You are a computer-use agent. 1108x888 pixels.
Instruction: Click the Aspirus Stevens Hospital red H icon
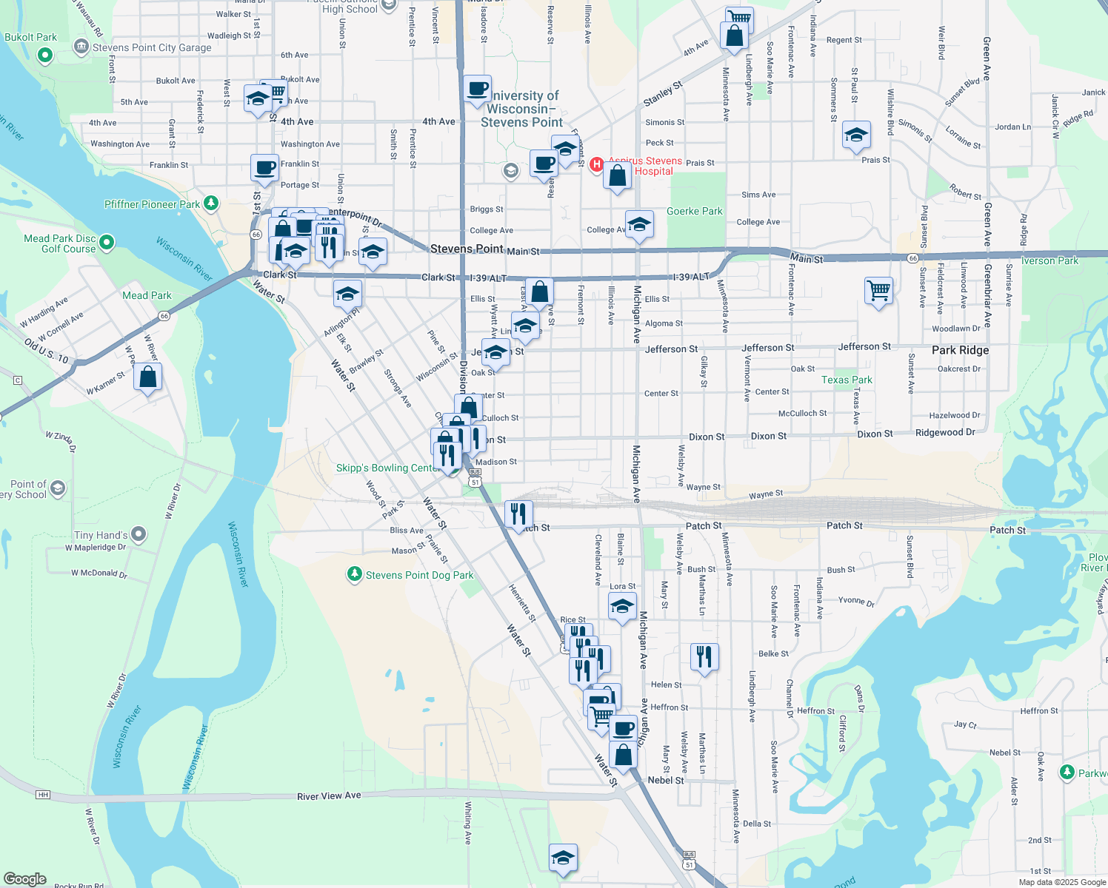pyautogui.click(x=596, y=164)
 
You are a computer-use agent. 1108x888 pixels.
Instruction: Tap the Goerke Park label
pyautogui.click(x=694, y=211)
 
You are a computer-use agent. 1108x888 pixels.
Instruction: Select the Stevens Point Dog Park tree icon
pyautogui.click(x=355, y=574)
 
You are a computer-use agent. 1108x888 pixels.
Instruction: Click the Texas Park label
pyautogui.click(x=847, y=380)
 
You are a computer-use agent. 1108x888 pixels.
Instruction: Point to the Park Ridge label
pyautogui.click(x=960, y=350)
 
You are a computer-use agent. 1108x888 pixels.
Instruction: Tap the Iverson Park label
pyautogui.click(x=1049, y=260)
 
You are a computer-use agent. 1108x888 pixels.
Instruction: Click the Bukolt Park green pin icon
pyautogui.click(x=45, y=55)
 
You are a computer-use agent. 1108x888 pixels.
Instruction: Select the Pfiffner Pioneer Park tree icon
pyautogui.click(x=211, y=203)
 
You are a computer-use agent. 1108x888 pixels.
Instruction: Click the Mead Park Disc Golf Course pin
pyautogui.click(x=107, y=242)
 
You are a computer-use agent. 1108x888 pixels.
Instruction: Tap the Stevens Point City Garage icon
pyautogui.click(x=81, y=47)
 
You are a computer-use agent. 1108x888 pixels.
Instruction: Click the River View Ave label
pyautogui.click(x=329, y=796)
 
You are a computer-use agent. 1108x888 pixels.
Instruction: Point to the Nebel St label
pyautogui.click(x=666, y=780)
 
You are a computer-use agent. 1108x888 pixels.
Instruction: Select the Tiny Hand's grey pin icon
pyautogui.click(x=138, y=534)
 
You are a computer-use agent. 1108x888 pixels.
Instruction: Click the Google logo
pyautogui.click(x=24, y=879)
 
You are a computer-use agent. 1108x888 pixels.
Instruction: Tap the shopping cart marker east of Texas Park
pyautogui.click(x=878, y=291)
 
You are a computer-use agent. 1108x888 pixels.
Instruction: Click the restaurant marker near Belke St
pyautogui.click(x=704, y=656)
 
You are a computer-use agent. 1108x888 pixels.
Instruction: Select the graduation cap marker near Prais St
pyautogui.click(x=855, y=135)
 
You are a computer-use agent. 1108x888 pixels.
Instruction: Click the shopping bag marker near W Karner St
pyautogui.click(x=148, y=377)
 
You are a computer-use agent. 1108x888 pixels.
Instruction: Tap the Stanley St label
pyautogui.click(x=662, y=94)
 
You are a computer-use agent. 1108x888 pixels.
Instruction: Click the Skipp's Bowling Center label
pyautogui.click(x=388, y=468)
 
